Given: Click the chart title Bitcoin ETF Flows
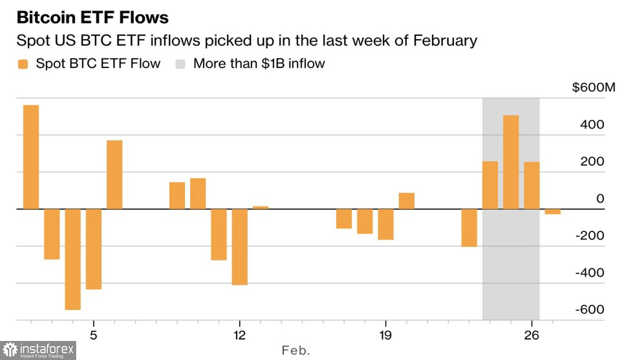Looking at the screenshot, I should pyautogui.click(x=92, y=17).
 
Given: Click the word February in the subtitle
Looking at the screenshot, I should pyautogui.click(x=445, y=41).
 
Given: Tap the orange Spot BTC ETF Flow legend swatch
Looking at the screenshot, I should pyautogui.click(x=23, y=64).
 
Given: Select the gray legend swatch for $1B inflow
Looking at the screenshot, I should pyautogui.click(x=180, y=64).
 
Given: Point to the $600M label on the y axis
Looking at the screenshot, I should pyautogui.click(x=593, y=87).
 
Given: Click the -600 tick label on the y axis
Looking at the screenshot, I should pyautogui.click(x=589, y=310).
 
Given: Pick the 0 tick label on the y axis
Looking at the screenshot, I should pyautogui.click(x=600, y=199).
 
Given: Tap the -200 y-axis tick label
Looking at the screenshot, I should pyautogui.click(x=589, y=235).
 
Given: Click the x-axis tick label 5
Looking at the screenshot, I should pyautogui.click(x=94, y=335).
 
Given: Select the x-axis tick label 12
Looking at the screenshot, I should pyautogui.click(x=239, y=335).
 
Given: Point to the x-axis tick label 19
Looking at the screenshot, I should pyautogui.click(x=385, y=335).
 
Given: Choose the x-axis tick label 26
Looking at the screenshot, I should pyautogui.click(x=531, y=335).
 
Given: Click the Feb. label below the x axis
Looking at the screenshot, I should pyautogui.click(x=295, y=351).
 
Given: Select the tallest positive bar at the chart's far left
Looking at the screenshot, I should pyautogui.click(x=31, y=157).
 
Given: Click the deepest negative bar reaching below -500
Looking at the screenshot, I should pyautogui.click(x=73, y=259).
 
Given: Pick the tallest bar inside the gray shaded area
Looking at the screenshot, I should pyautogui.click(x=511, y=162).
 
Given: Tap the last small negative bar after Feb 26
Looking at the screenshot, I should pyautogui.click(x=552, y=211).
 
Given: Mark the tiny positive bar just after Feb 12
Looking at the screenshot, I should pyautogui.click(x=260, y=208).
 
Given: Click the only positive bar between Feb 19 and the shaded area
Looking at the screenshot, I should pyautogui.click(x=406, y=201).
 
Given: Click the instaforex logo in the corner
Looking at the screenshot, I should pyautogui.click(x=38, y=350).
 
